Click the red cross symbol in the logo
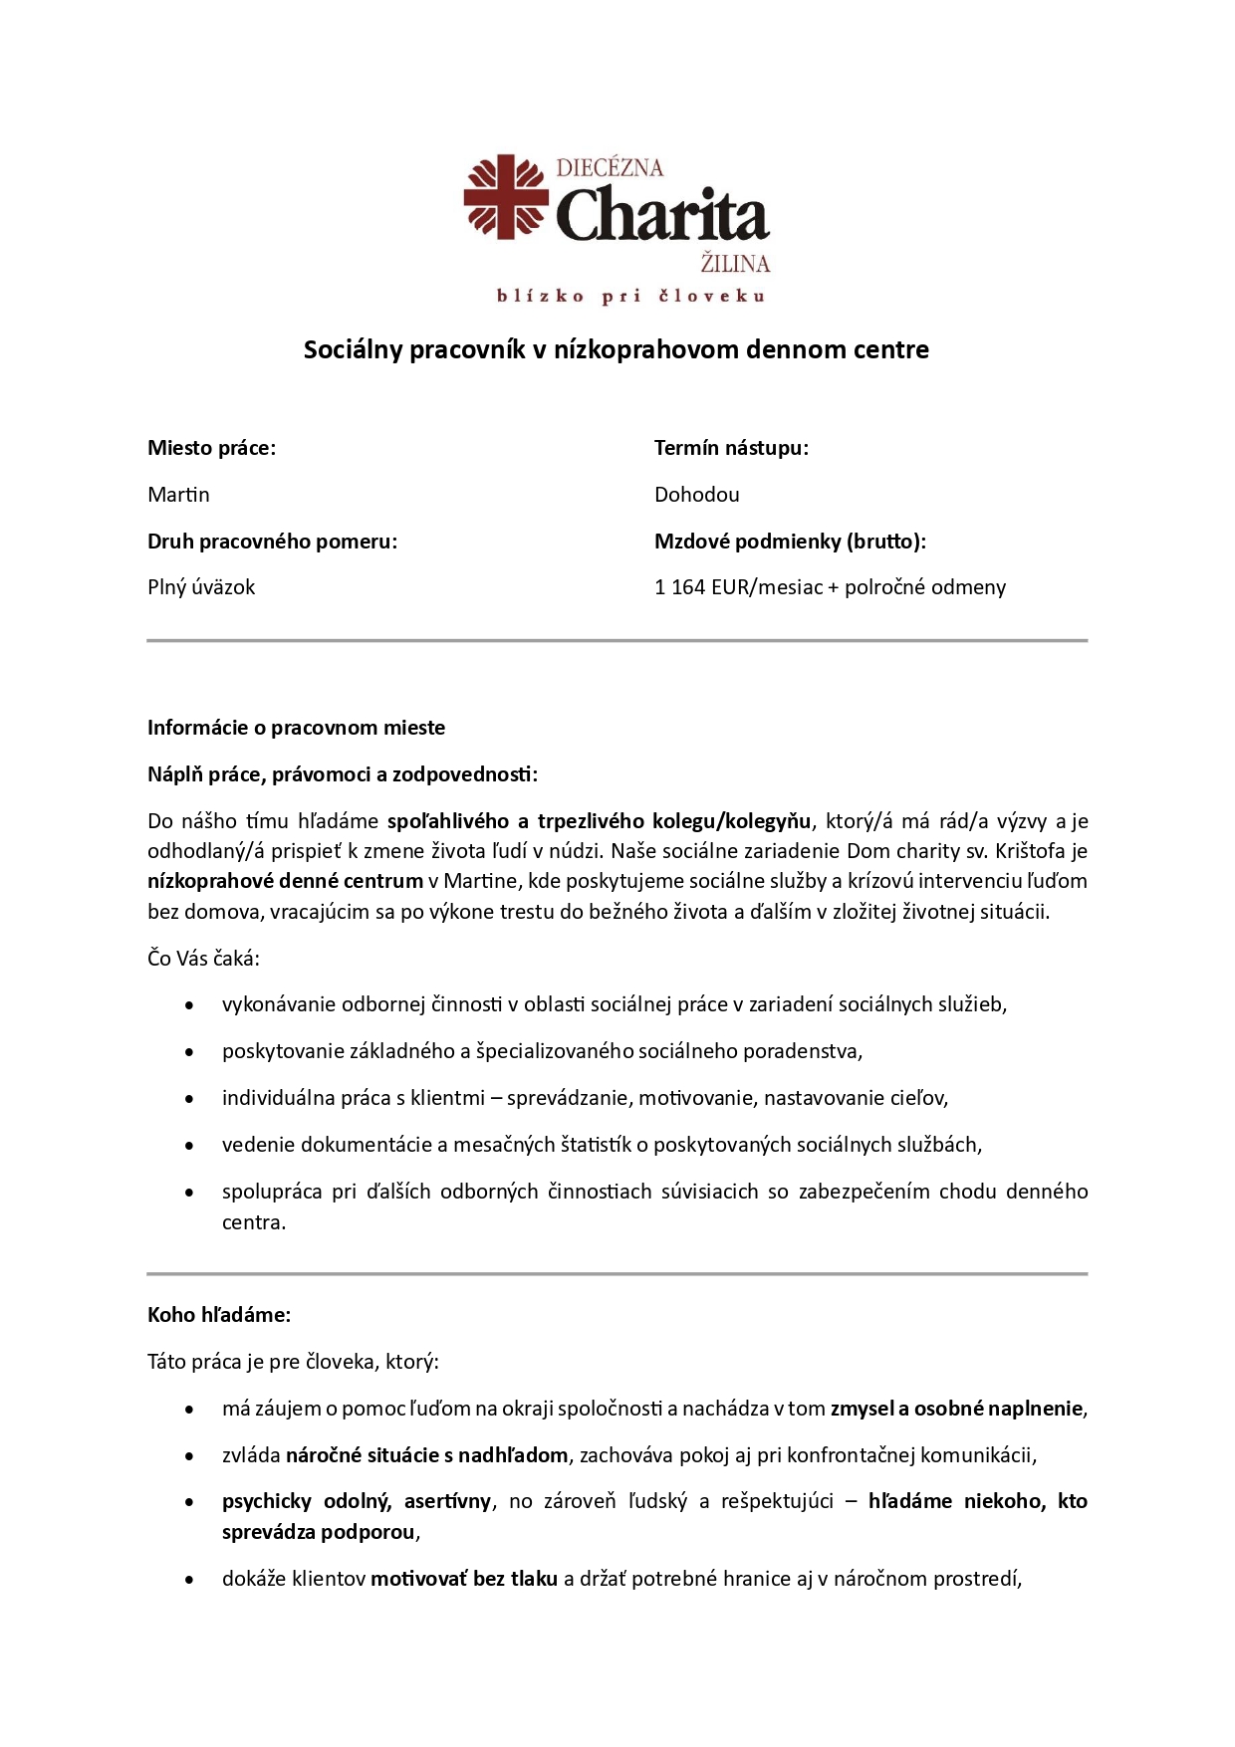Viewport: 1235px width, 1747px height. click(x=506, y=196)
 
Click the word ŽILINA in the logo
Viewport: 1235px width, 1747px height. click(x=735, y=264)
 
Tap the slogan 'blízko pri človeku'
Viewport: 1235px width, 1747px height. click(x=630, y=296)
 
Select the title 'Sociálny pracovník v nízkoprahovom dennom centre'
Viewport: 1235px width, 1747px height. click(x=616, y=349)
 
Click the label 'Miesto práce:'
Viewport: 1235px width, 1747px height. click(x=211, y=448)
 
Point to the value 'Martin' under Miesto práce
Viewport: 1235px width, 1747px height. click(x=178, y=495)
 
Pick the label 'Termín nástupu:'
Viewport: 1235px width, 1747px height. click(x=731, y=448)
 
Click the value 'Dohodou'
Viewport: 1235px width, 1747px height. click(x=696, y=495)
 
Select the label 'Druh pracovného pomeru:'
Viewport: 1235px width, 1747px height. click(x=272, y=542)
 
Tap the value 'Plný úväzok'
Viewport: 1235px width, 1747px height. click(x=201, y=587)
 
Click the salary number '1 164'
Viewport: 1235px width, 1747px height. click(x=679, y=587)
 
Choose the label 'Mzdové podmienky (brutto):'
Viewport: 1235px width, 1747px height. click(x=790, y=542)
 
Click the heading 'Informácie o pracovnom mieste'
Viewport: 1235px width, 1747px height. click(x=296, y=728)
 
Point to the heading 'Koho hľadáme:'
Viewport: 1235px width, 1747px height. click(x=219, y=1315)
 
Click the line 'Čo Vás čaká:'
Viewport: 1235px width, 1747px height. click(x=203, y=959)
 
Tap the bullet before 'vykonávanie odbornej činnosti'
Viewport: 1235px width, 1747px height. click(x=189, y=1005)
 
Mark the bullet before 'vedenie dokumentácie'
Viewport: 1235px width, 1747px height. click(x=189, y=1146)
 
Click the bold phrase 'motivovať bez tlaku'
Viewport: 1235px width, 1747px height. click(x=464, y=1579)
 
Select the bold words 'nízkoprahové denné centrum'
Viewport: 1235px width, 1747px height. click(x=285, y=881)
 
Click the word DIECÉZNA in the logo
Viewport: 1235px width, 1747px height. click(x=610, y=168)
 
